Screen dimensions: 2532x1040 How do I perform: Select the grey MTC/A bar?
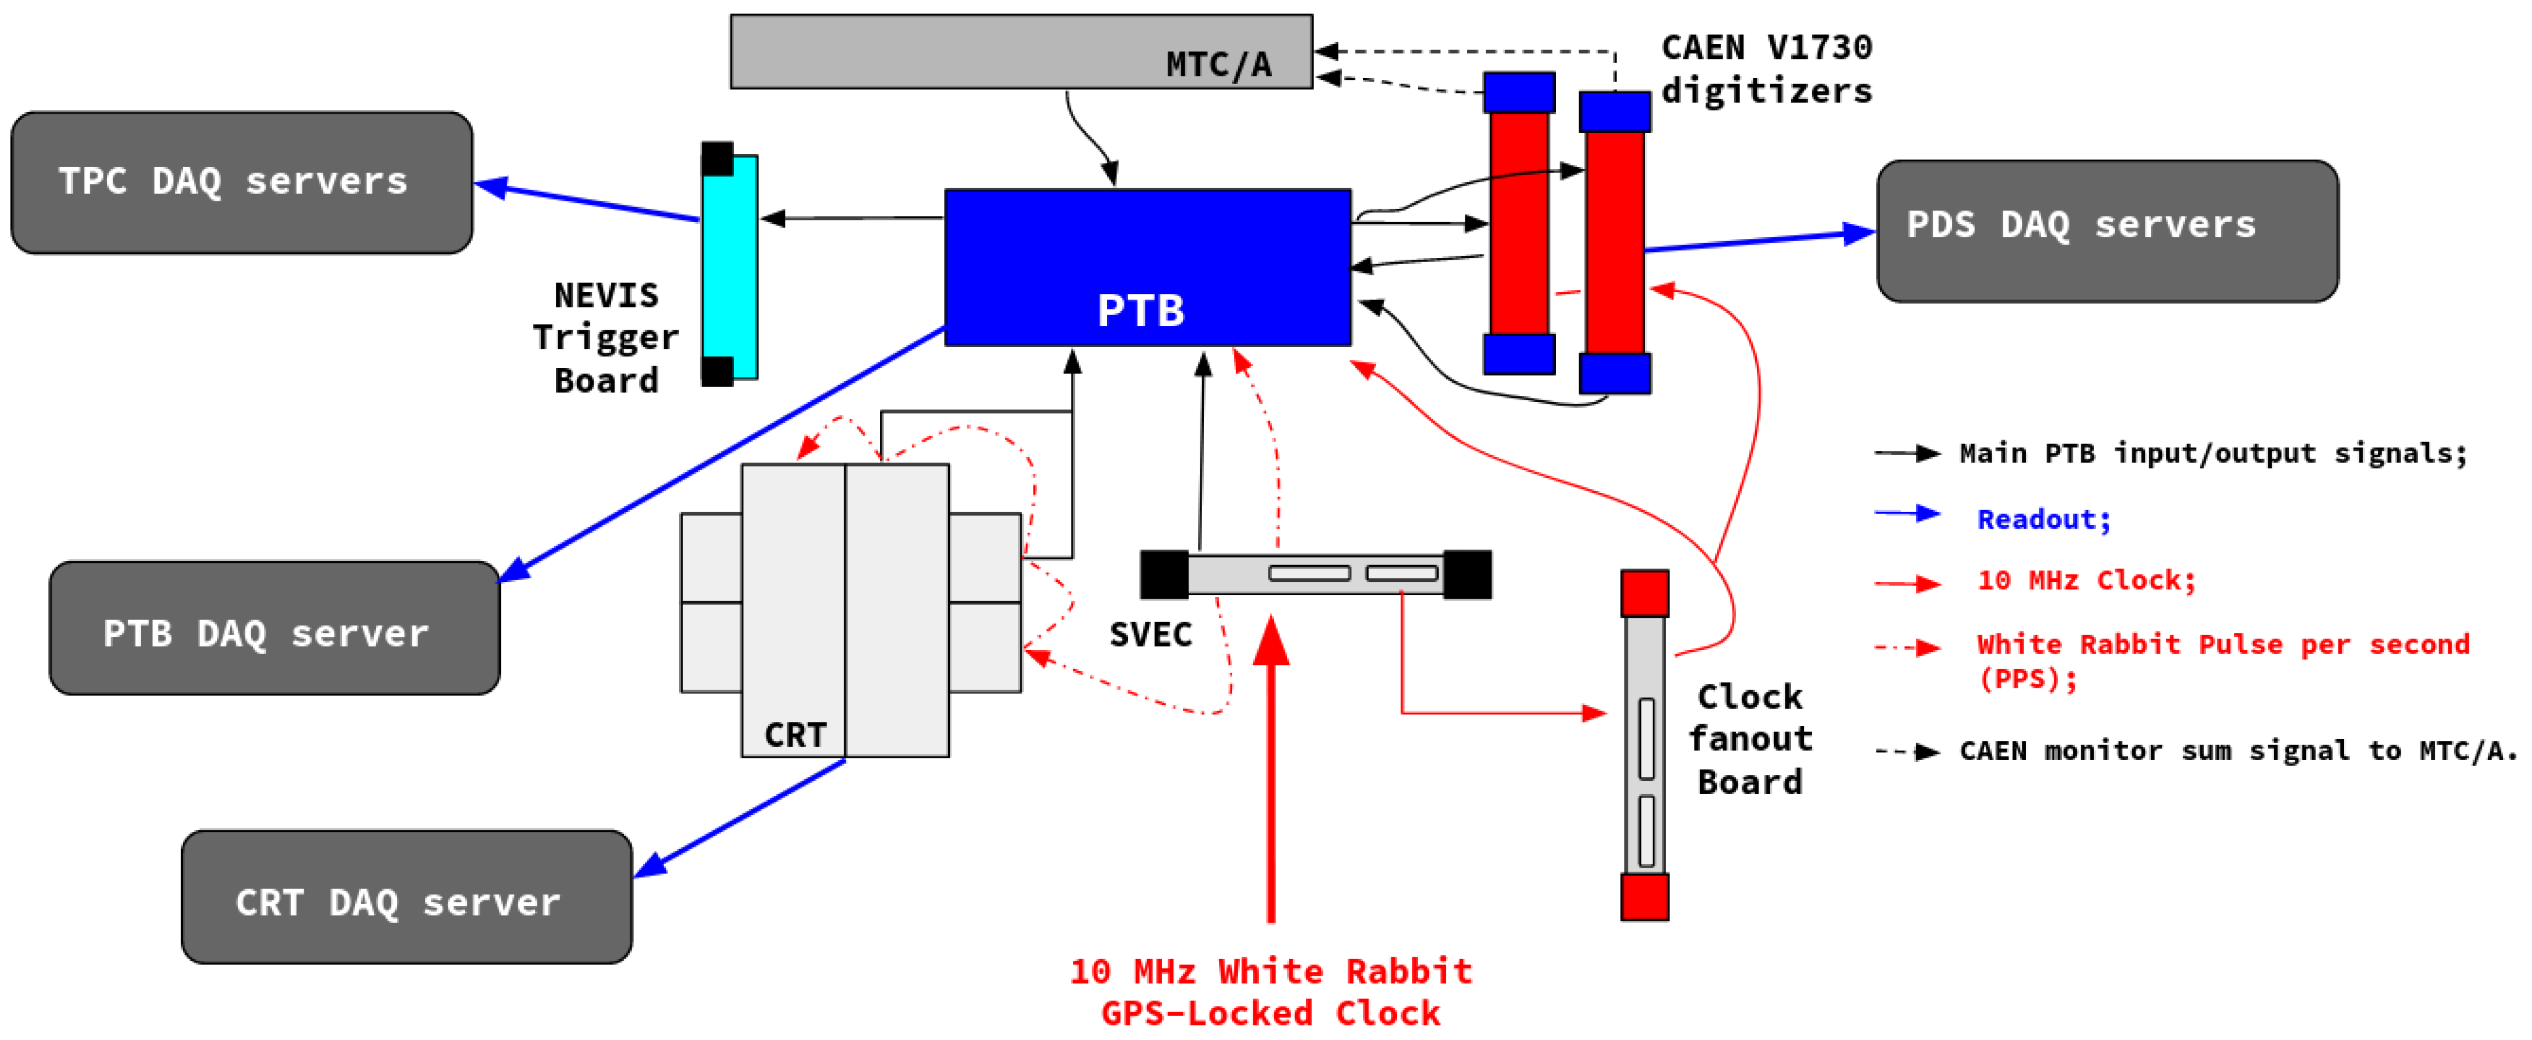[1021, 51]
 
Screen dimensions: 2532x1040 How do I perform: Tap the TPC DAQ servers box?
[242, 183]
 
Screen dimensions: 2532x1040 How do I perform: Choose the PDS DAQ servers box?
[2107, 231]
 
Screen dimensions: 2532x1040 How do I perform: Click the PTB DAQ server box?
[274, 628]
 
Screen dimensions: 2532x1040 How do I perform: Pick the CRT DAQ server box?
[407, 897]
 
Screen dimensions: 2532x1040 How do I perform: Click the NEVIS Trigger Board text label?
[606, 337]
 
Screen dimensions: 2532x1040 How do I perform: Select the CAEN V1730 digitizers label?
[1766, 69]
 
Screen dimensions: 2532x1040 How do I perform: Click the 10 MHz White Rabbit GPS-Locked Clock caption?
[1271, 992]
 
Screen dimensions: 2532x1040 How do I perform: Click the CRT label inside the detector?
[795, 734]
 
